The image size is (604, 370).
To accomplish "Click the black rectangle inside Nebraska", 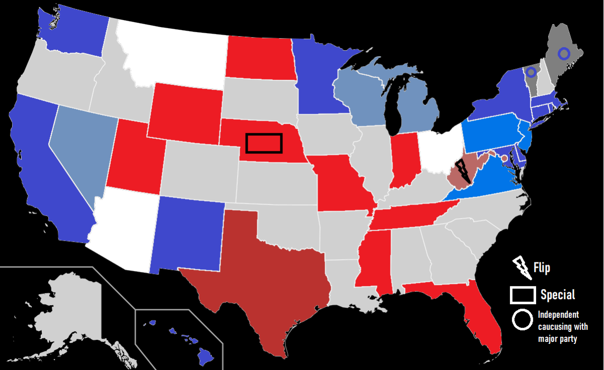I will click(x=264, y=143).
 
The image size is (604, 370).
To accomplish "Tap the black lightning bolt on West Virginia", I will click(x=463, y=171).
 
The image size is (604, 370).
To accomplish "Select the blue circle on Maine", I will click(x=564, y=53).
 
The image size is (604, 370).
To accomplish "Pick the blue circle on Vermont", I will click(x=531, y=72).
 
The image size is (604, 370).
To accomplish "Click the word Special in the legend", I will click(x=558, y=295).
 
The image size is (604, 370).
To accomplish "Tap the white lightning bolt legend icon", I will click(x=521, y=268).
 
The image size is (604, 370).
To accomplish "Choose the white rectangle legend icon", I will click(x=522, y=295).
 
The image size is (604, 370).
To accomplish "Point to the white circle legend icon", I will click(x=522, y=320).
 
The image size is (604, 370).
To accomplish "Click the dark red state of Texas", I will click(x=262, y=266).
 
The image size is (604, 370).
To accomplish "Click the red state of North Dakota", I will click(x=259, y=58).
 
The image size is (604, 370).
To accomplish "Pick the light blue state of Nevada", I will click(x=81, y=146).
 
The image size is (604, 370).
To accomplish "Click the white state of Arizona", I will click(x=126, y=226).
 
